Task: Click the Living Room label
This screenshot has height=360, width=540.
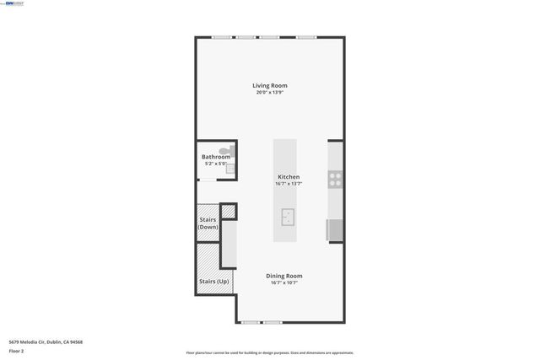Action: (270, 85)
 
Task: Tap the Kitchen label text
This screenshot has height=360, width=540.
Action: (289, 176)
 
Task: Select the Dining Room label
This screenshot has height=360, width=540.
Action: (284, 276)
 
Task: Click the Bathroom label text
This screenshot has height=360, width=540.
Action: (215, 157)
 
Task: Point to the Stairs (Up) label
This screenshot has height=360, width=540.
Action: (213, 282)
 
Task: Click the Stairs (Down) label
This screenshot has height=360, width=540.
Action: (208, 223)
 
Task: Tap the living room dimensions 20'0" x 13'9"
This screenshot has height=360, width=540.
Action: (270, 92)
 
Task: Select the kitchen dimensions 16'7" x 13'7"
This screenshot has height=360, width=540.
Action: (289, 183)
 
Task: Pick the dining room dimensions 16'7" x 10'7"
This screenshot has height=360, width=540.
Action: (284, 282)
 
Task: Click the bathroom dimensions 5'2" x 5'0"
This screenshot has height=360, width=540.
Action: (214, 164)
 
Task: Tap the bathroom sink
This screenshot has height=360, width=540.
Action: (229, 169)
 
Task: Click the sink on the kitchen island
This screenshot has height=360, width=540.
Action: (289, 218)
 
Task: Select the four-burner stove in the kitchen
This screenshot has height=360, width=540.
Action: (335, 179)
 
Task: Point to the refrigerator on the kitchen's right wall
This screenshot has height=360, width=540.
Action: (334, 229)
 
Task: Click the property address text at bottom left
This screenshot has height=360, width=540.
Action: (46, 341)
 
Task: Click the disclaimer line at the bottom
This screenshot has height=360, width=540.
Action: (269, 353)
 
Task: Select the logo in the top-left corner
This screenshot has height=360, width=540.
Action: (13, 3)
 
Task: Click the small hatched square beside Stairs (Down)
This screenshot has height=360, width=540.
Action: (228, 212)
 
